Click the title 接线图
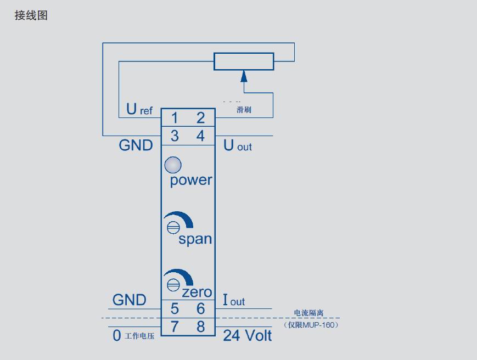[31, 15]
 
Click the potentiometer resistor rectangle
[244, 61]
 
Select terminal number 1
[175, 118]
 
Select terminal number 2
[200, 118]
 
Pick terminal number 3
[175, 136]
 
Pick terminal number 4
[200, 136]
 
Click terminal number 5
[175, 309]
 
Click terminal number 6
[200, 309]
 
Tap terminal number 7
[175, 327]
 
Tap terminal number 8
[200, 327]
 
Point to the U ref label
[139, 110]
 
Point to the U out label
[237, 146]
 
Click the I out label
[233, 301]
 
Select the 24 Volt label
[247, 335]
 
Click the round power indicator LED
[173, 165]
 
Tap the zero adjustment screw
[173, 284]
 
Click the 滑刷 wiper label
[244, 111]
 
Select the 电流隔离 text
[308, 313]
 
